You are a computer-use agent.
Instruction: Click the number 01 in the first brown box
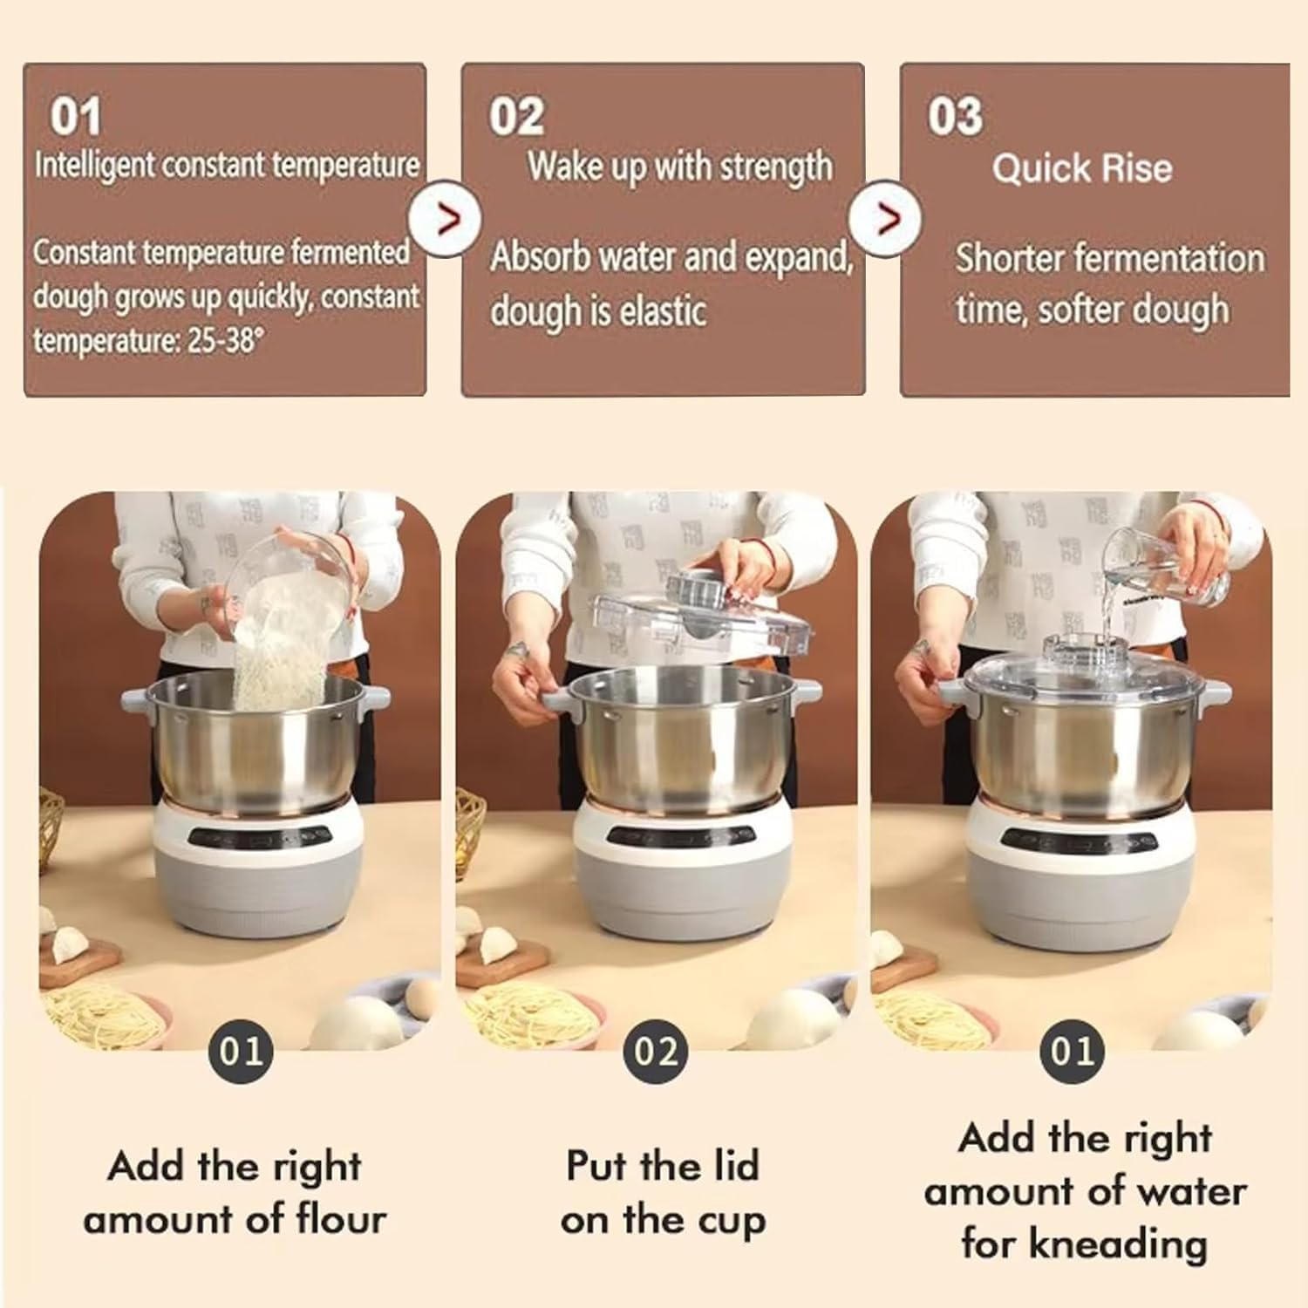(x=75, y=117)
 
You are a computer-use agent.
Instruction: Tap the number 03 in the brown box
(x=954, y=117)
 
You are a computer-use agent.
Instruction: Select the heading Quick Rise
(x=1081, y=168)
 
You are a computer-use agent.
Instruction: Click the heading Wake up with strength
(x=679, y=167)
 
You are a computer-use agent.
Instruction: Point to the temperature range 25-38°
(x=224, y=340)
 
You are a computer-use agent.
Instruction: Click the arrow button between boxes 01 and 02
(x=446, y=219)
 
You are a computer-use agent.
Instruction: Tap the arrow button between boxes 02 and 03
(x=886, y=219)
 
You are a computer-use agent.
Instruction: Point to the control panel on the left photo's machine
(x=259, y=836)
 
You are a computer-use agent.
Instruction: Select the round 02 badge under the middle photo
(x=656, y=1051)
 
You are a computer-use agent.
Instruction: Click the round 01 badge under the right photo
(x=1072, y=1051)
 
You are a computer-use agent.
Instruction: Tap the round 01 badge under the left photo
(x=241, y=1051)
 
